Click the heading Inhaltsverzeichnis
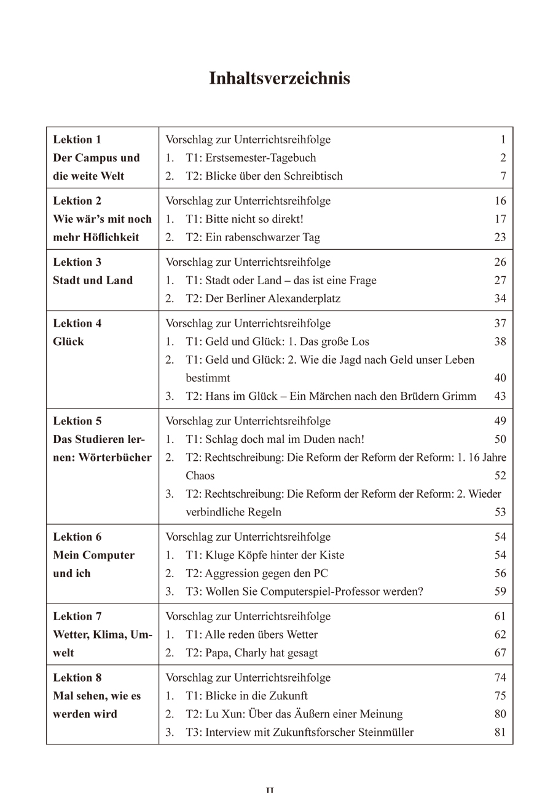point(280,79)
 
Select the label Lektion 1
point(77,140)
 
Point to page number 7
point(503,177)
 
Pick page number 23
point(500,237)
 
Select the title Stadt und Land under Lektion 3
point(93,281)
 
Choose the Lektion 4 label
point(77,324)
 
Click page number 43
point(500,396)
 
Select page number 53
point(500,512)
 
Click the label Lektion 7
point(77,616)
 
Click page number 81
point(500,732)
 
